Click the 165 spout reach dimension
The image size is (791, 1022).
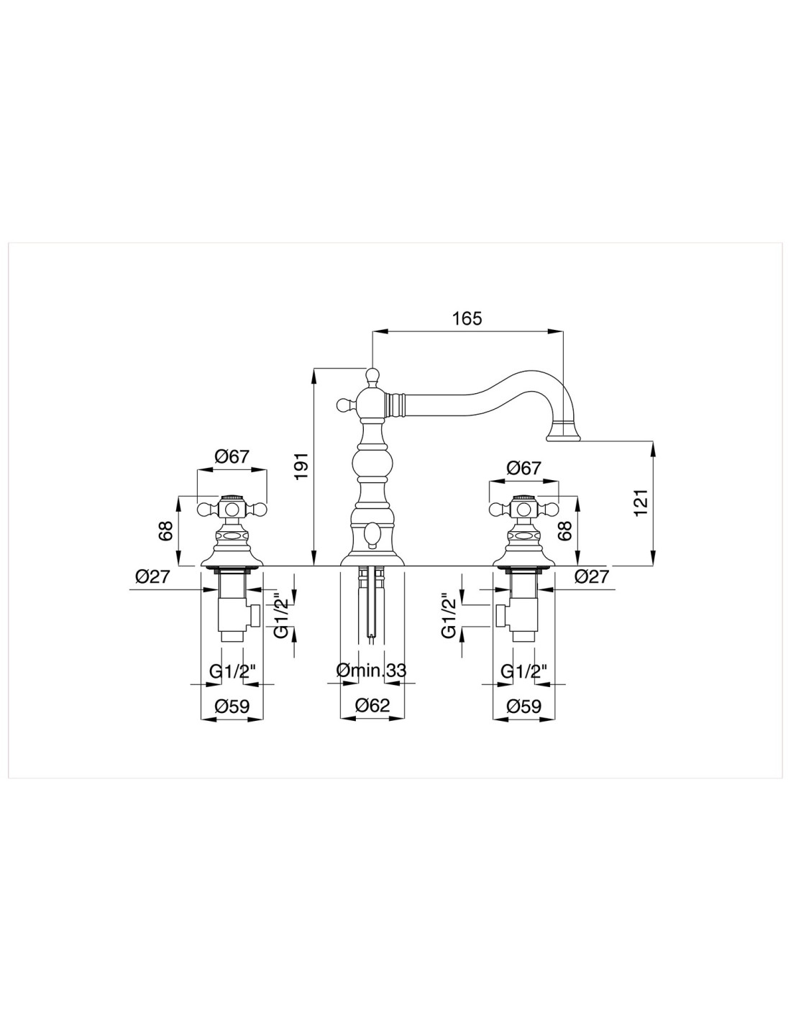[x=467, y=318]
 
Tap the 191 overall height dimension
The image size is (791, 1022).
[x=301, y=466]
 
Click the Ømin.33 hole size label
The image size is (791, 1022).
[x=371, y=670]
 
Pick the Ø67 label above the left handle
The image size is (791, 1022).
[x=232, y=456]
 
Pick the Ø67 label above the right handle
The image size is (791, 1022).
[x=524, y=467]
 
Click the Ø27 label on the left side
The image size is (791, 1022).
[x=152, y=576]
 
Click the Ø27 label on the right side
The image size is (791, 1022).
[x=592, y=576]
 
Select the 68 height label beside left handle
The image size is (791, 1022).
[x=166, y=530]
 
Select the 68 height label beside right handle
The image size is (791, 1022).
[x=566, y=530]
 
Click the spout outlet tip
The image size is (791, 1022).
[x=563, y=438]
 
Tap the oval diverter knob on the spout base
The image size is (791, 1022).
[x=372, y=535]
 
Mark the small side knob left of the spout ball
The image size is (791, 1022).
[x=344, y=404]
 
